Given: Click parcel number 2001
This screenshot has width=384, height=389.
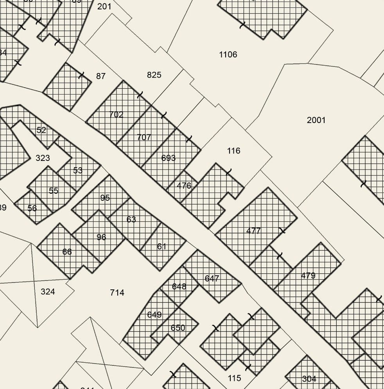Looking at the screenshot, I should click(x=316, y=120).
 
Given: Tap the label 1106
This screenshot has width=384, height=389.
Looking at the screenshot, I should click(x=228, y=55).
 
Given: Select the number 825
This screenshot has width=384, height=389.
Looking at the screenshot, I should click(x=154, y=75).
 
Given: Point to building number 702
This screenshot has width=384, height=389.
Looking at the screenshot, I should click(x=116, y=115).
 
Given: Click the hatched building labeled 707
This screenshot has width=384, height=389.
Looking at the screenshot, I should click(x=144, y=137).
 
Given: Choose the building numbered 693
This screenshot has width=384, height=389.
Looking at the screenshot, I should click(x=168, y=158).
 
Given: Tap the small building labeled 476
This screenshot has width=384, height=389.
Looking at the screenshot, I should click(x=184, y=186).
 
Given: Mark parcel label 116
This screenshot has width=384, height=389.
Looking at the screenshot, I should click(x=233, y=151).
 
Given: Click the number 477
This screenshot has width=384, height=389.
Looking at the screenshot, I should click(x=253, y=231).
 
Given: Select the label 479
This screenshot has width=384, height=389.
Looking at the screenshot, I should click(x=308, y=276).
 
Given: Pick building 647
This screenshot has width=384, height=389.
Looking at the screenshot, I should click(x=212, y=278).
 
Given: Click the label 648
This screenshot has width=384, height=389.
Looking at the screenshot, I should click(x=179, y=287).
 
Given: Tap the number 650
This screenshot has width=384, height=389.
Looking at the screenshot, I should click(x=178, y=328).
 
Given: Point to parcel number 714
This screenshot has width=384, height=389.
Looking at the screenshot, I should click(x=117, y=293).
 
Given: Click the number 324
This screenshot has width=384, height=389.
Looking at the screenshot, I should click(x=48, y=292).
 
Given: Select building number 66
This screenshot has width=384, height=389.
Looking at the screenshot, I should click(x=67, y=252).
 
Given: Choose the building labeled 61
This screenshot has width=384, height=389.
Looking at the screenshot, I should click(x=162, y=246).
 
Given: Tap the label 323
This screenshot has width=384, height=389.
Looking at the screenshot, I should click(x=43, y=158).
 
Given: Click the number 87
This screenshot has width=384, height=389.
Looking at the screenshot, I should click(x=101, y=76).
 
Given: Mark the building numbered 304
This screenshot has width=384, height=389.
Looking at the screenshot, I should click(x=309, y=379).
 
